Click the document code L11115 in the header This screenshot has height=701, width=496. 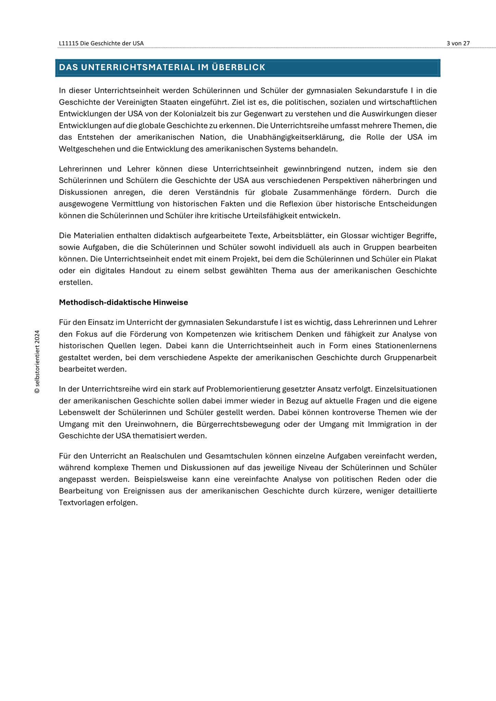(69, 43)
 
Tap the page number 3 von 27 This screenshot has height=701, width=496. (458, 43)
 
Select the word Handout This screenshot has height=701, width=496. (145, 270)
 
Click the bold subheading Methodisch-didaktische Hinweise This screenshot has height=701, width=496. (123, 302)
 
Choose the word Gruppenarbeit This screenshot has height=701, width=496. (410, 357)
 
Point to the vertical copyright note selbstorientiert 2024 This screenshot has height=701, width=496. (37, 362)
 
